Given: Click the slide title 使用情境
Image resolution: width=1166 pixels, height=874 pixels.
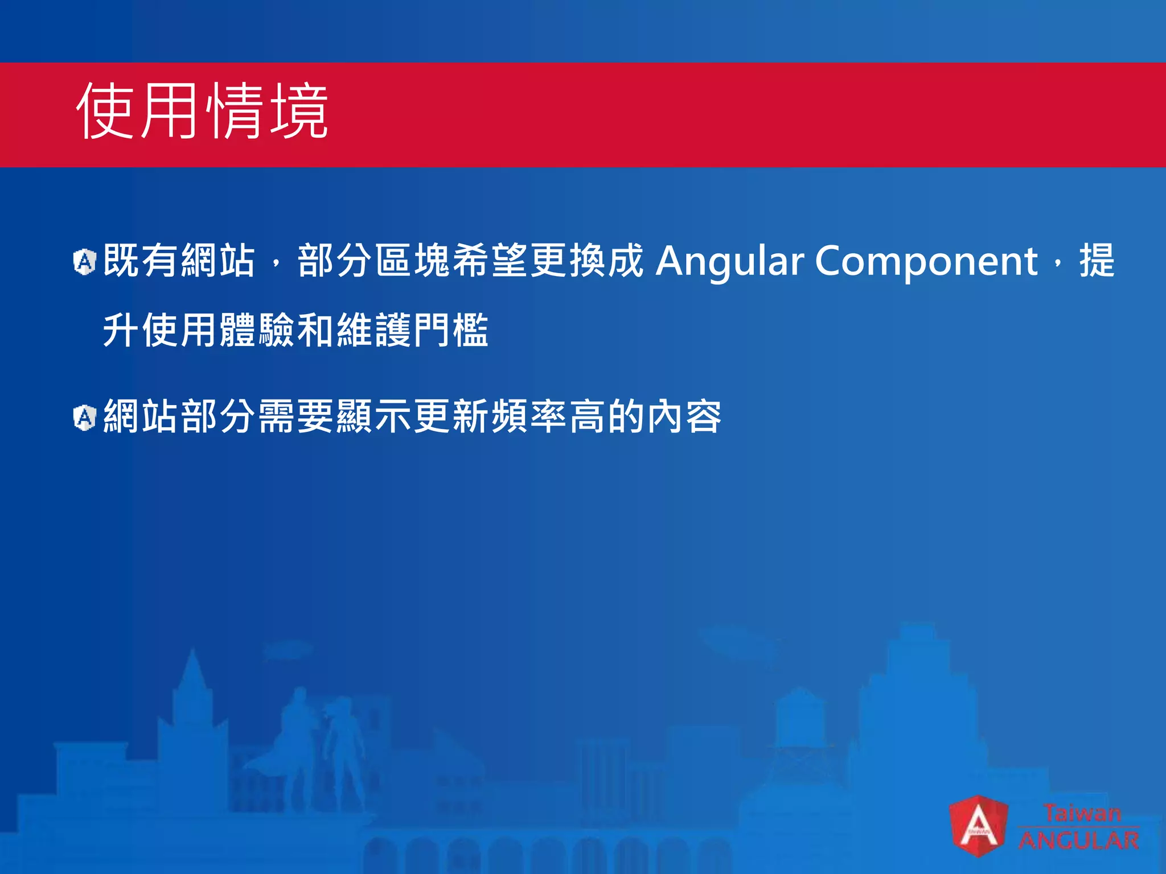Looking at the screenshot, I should click(202, 111).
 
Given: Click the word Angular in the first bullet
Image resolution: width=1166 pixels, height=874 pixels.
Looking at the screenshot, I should click(729, 261).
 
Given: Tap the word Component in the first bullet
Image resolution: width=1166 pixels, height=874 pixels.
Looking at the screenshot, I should click(926, 261).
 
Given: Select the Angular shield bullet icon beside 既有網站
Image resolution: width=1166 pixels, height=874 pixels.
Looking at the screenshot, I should click(85, 262).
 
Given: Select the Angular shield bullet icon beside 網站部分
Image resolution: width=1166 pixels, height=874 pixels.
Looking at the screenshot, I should click(85, 418).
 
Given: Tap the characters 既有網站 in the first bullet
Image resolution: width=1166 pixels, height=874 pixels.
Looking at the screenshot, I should click(179, 261).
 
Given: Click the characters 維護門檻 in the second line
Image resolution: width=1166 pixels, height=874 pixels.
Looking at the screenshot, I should click(413, 331).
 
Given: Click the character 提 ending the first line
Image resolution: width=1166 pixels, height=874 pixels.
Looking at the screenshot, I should click(1097, 261).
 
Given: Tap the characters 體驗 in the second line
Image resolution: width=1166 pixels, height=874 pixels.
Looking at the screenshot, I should click(257, 331).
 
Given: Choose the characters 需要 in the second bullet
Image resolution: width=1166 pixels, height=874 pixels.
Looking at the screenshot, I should click(296, 417).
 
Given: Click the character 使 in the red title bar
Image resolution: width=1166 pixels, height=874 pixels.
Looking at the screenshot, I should click(105, 111).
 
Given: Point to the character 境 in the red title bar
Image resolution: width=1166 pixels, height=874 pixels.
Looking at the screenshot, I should click(299, 111).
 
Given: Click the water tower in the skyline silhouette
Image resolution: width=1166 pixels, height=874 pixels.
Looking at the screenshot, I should click(800, 723).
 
